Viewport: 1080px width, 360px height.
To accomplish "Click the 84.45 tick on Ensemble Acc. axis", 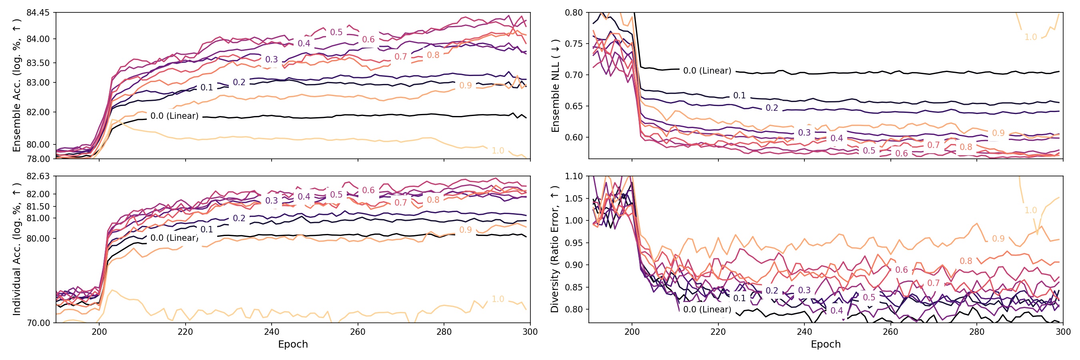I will coord(38,12).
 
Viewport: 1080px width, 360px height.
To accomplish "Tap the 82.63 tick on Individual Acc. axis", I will coord(38,176).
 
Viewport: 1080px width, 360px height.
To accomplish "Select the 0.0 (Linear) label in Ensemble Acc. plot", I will coord(174,116).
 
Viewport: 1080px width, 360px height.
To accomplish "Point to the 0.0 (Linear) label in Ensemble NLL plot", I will coord(707,70).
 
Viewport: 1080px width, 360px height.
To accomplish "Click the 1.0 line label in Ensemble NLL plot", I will coord(1030,37).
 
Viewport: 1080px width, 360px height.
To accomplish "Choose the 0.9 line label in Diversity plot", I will coord(998,238).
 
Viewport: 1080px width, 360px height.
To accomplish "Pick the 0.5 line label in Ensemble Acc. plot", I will coord(336,32).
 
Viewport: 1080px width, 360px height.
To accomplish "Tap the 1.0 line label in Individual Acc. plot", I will coord(498,299).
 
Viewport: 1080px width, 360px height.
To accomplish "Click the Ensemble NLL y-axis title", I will coord(556,86).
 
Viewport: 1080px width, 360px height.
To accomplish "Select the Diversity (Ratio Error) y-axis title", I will coord(555,249).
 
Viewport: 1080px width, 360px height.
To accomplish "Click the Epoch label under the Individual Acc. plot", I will coord(293,344).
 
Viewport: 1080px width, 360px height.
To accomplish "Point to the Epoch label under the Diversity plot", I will coord(826,344).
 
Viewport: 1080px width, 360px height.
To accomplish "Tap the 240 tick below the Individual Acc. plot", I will coord(272,332).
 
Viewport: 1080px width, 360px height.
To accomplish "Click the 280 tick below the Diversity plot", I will coord(976,332).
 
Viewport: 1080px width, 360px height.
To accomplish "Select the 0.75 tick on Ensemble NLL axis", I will coord(574,44).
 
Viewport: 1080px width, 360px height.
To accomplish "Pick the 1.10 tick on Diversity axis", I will coord(574,176).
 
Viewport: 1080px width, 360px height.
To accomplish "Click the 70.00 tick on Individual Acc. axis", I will coord(38,323).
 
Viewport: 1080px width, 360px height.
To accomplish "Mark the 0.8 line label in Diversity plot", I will coord(966,261).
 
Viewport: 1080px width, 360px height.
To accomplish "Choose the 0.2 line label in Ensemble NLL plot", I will coord(772,108).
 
